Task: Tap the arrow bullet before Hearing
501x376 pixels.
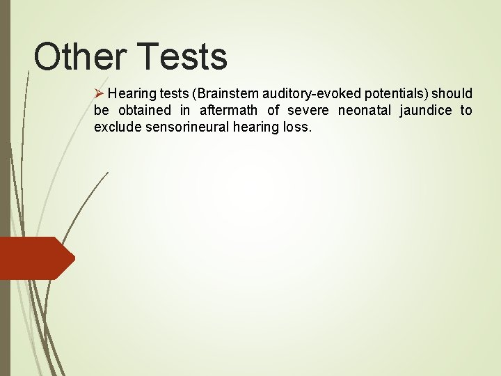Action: (99, 93)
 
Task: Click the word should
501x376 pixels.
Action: (454, 94)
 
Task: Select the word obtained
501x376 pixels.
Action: (144, 111)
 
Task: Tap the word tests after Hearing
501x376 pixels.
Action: (169, 94)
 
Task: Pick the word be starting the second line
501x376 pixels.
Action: (101, 111)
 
